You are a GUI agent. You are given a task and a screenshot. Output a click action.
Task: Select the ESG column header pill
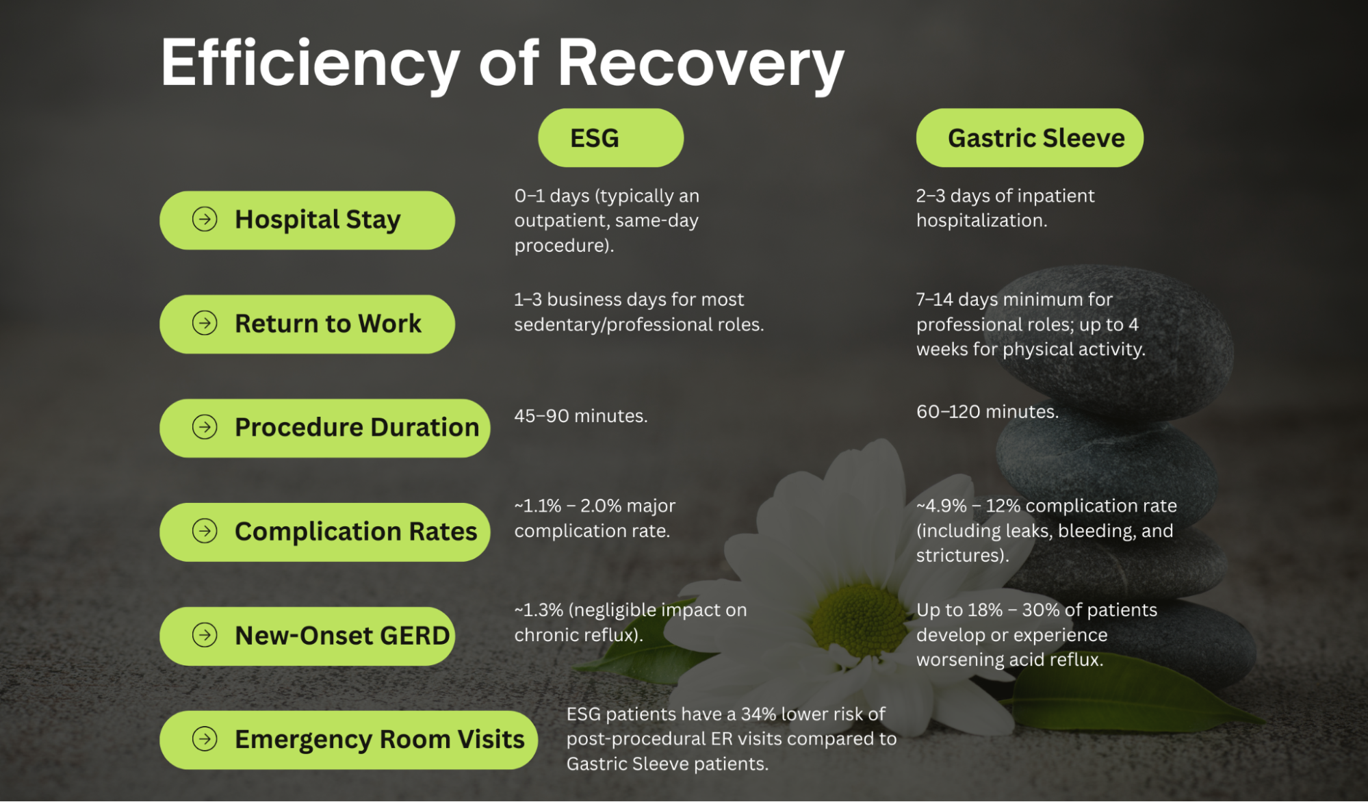pos(610,138)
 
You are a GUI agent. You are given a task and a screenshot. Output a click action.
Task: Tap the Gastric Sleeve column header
pos(1029,138)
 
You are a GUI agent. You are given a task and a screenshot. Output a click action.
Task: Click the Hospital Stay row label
pos(318,220)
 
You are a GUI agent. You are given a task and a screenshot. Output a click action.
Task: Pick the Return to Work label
pos(328,324)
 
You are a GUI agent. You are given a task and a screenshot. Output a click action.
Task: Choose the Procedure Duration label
pos(357,428)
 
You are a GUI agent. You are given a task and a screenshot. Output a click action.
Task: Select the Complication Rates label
pos(355,532)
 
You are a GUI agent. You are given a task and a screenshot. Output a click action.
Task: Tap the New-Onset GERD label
pos(341,636)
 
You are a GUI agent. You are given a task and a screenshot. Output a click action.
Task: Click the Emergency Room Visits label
pos(379,740)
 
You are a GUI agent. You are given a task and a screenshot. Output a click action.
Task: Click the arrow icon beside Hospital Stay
pos(205,220)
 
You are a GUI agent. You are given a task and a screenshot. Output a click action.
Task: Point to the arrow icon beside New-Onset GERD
pos(205,635)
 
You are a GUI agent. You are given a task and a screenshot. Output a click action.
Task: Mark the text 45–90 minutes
pos(580,416)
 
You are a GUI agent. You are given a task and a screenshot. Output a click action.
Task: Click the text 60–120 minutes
pos(987,412)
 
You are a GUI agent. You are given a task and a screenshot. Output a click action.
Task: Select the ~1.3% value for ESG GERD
pos(539,610)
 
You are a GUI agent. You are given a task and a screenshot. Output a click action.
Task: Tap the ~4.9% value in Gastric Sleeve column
pos(941,506)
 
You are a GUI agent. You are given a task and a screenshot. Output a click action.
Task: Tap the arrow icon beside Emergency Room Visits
pos(205,739)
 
